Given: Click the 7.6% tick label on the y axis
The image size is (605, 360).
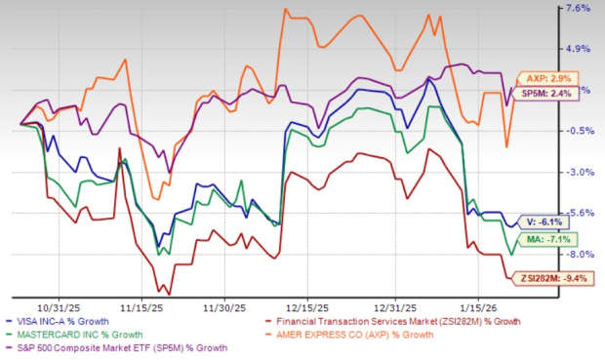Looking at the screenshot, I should [x=578, y=9].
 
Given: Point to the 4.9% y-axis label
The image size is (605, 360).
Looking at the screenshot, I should [x=578, y=49].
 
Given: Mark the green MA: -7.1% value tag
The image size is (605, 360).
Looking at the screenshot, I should [x=549, y=238].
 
